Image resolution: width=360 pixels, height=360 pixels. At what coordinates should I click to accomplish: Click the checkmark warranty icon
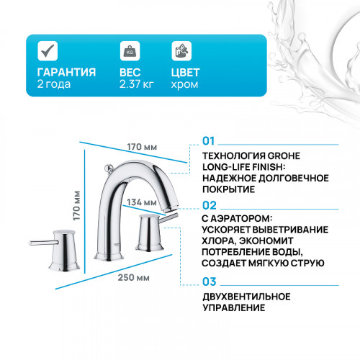pyautogui.click(x=47, y=52)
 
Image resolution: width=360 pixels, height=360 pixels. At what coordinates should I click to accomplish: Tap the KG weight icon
pyautogui.click(x=130, y=52)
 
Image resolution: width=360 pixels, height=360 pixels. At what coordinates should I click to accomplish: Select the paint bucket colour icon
pyautogui.click(x=181, y=52)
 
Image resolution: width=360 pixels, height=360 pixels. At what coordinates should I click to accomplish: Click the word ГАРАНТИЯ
pyautogui.click(x=66, y=73)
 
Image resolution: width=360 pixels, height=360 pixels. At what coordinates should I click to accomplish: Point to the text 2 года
pyautogui.click(x=51, y=85)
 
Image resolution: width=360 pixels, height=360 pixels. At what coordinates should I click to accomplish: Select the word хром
pyautogui.click(x=183, y=85)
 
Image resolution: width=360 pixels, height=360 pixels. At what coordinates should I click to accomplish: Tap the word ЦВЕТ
pyautogui.click(x=186, y=73)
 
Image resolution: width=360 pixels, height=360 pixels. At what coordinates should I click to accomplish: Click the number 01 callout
pyautogui.click(x=208, y=141)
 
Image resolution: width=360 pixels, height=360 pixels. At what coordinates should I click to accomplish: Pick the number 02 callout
pyautogui.click(x=209, y=205)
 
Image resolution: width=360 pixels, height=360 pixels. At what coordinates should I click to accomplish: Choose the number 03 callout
pyautogui.click(x=209, y=282)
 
